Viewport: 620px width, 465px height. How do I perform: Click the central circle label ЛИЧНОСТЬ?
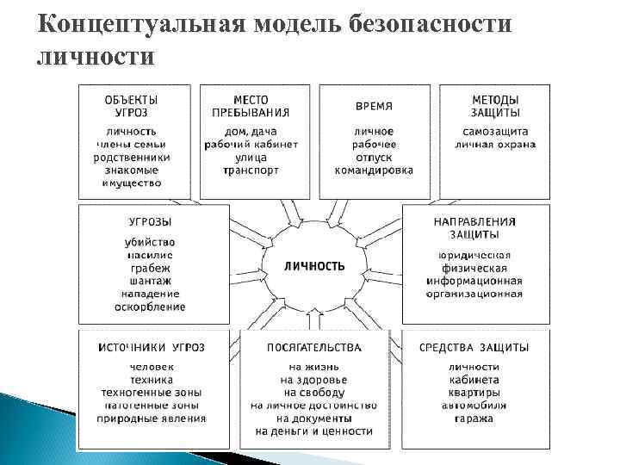314,266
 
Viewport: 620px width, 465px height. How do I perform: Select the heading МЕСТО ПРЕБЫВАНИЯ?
251,107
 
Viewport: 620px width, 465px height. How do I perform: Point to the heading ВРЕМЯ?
374,107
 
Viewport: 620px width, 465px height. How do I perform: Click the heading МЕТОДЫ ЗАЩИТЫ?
495,107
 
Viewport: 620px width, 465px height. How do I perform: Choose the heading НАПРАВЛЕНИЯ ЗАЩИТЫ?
475,227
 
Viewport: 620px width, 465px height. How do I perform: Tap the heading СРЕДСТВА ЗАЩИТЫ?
474,347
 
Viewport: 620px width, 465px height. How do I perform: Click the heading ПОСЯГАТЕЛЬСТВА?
313,347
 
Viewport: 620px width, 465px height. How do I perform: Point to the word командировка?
374,170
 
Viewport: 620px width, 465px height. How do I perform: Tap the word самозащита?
495,132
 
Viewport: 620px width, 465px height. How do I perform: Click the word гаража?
475,418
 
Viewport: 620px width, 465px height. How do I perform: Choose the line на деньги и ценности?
313,431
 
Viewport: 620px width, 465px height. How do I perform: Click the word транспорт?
251,170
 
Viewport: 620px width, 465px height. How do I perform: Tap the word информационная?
475,281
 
